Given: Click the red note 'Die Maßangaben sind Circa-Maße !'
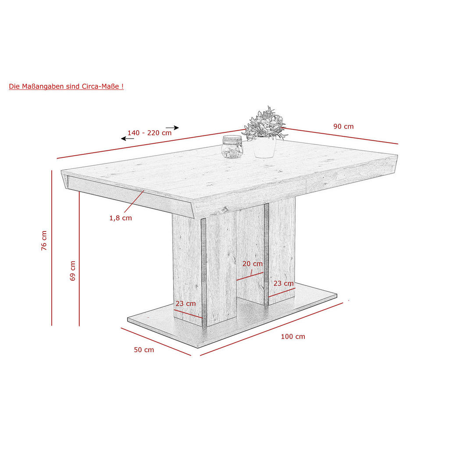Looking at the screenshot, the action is point(66,86).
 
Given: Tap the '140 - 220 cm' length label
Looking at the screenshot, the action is point(150,133).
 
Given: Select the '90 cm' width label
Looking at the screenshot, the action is point(343,126).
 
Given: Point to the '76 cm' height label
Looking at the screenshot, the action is point(44,241).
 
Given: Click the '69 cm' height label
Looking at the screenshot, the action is point(73,271).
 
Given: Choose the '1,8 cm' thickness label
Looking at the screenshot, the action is point(121,218).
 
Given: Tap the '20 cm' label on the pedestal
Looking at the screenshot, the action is point(252,264).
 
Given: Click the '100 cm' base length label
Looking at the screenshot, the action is point(293,336).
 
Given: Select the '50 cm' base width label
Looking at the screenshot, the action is point(144,349).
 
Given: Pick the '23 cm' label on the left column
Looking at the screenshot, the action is point(185,303).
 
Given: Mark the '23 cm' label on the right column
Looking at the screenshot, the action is point(284,284).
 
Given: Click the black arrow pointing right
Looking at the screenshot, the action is point(172,128).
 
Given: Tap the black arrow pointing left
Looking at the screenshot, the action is point(128,139).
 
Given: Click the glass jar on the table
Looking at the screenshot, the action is point(232,146).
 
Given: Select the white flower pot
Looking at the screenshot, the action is point(264,147).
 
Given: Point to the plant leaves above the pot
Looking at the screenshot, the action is point(264,123).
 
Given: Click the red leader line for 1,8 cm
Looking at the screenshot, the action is point(134,201).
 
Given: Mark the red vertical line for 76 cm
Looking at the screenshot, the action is point(52,248).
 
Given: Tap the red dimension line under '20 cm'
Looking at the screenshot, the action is point(250,276).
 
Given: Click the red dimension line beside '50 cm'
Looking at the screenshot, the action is point(156,342).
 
